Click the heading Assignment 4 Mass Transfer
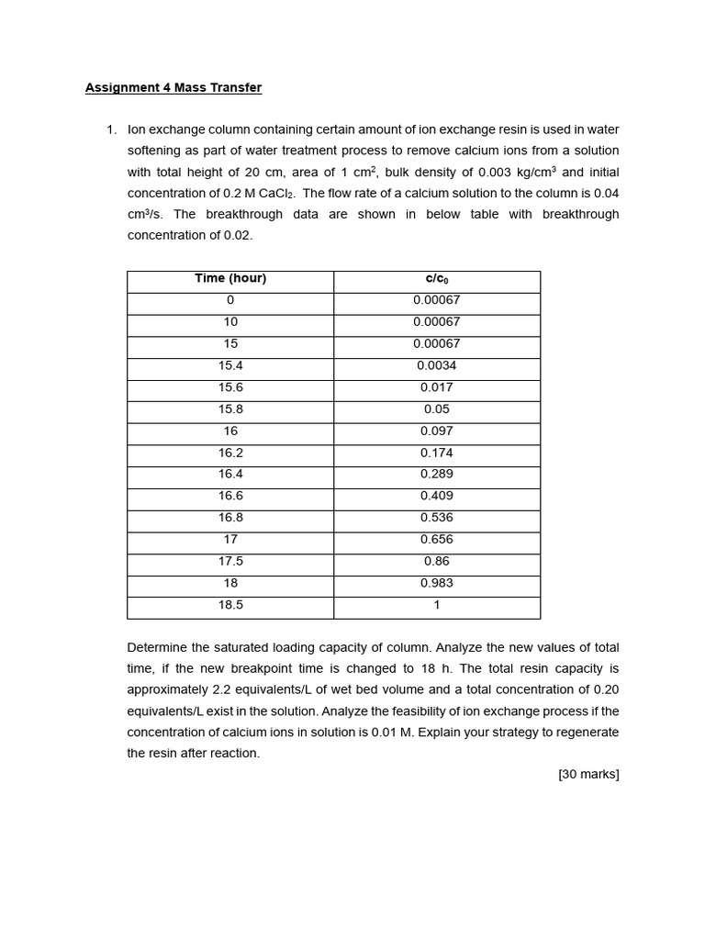(173, 88)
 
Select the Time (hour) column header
(230, 278)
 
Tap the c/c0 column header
(437, 278)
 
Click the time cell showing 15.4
(230, 365)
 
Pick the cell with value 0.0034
(437, 365)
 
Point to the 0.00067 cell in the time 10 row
(437, 322)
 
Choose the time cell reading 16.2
(230, 453)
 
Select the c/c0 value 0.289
(437, 474)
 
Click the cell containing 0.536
(437, 517)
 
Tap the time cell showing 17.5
(230, 561)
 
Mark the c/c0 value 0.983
(437, 583)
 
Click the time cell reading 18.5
(230, 605)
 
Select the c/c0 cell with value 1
(437, 605)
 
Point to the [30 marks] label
(588, 775)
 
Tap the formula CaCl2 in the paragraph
(274, 194)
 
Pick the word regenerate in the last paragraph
(583, 733)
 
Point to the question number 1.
(111, 130)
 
